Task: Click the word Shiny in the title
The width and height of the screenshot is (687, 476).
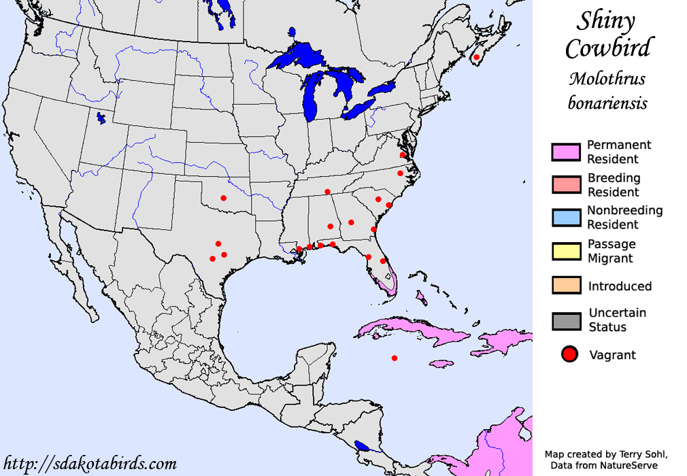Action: pos(607,21)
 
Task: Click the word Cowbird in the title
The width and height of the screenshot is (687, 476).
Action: pos(607,48)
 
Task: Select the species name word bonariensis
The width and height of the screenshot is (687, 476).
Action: pos(607,104)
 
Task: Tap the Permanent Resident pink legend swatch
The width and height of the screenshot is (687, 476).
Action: pos(566,152)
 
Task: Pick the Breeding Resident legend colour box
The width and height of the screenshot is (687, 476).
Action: pos(566,185)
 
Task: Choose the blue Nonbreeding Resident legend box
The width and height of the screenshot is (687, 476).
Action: pos(566,218)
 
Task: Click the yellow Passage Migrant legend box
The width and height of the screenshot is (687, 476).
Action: pos(566,251)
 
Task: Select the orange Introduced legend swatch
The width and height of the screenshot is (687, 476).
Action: pos(566,286)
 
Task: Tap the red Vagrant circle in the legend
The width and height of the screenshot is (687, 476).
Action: pos(570,354)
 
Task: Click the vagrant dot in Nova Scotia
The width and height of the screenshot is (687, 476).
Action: pos(477,57)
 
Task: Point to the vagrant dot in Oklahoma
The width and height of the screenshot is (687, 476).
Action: pos(223,198)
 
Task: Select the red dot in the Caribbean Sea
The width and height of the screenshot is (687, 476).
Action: pos(395,358)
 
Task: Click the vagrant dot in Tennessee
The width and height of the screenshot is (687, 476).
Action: pos(328,192)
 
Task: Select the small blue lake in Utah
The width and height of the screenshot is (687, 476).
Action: pos(101,119)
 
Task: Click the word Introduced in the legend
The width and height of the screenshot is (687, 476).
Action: pos(620,286)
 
